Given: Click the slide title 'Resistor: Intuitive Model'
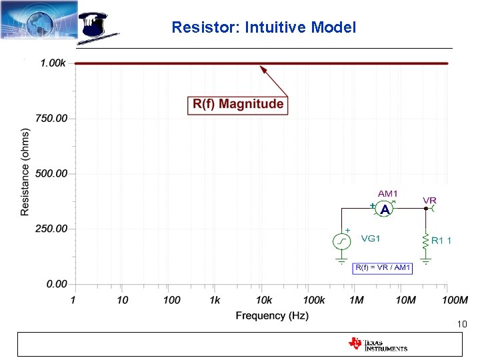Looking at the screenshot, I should click(263, 27).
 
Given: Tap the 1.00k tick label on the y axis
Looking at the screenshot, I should click(53, 63).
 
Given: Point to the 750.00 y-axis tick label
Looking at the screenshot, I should click(51, 119).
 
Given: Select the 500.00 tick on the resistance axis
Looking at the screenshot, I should click(51, 173).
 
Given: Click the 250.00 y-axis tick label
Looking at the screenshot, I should click(51, 229).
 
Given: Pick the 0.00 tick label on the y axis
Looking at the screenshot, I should click(56, 284).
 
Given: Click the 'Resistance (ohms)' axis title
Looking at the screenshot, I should click(25, 172).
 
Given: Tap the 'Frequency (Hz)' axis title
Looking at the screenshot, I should click(271, 315).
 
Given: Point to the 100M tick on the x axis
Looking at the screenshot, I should click(455, 301).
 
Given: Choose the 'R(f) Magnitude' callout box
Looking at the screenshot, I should click(238, 104).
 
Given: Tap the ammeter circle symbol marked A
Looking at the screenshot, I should click(385, 209).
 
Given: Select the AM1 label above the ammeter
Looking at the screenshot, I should click(388, 193).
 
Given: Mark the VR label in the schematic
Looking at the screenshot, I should click(430, 200).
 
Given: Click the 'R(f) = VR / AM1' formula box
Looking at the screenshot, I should click(383, 268).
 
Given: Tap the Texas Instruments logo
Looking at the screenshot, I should click(377, 344).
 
